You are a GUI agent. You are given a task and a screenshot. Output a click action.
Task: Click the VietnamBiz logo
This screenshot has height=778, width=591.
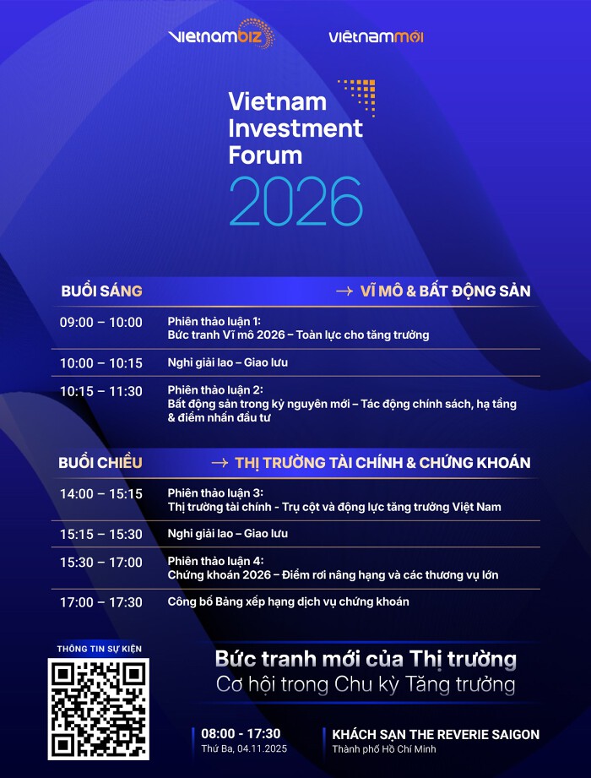tap(221, 35)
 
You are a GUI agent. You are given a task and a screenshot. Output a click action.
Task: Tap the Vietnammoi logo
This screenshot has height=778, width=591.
tap(377, 36)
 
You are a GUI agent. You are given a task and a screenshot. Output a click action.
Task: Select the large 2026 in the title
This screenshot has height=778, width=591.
tap(296, 201)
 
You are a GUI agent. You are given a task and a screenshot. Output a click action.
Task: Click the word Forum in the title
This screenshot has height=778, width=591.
tap(265, 155)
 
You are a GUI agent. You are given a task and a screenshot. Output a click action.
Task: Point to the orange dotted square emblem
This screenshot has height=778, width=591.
tap(357, 97)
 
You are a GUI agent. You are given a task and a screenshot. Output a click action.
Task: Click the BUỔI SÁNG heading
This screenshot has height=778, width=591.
tap(101, 291)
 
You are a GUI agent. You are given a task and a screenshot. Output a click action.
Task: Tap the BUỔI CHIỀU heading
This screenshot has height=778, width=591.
tap(100, 462)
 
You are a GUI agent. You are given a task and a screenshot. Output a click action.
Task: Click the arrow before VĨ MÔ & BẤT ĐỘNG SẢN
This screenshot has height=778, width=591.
tap(344, 291)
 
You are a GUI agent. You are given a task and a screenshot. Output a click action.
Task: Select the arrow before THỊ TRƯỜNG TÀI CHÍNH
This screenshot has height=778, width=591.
tap(220, 463)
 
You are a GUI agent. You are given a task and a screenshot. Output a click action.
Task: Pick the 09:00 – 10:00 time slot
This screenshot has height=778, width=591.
tap(101, 322)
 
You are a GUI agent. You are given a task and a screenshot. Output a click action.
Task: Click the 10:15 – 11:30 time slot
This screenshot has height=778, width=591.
tap(101, 391)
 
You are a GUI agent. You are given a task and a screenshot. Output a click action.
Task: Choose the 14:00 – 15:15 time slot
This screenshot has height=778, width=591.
tap(101, 493)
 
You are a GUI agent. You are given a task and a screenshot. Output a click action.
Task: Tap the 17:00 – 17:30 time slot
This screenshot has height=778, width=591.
tap(101, 602)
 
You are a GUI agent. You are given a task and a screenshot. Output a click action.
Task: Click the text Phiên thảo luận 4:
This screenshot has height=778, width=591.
tap(215, 561)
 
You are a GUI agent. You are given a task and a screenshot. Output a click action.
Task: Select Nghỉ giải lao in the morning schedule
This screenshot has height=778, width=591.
tap(198, 362)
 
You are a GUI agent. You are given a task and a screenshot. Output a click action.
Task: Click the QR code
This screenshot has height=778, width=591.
tap(99, 709)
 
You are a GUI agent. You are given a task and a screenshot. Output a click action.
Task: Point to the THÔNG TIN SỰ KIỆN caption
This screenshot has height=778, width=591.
tap(99, 649)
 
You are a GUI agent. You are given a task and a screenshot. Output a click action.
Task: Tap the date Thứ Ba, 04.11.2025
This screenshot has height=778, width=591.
tap(244, 748)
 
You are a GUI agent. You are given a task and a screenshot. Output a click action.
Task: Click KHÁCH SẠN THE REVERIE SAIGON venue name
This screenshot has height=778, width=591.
tap(436, 734)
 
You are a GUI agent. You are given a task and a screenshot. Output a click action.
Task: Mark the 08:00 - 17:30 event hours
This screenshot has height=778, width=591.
tap(241, 733)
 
